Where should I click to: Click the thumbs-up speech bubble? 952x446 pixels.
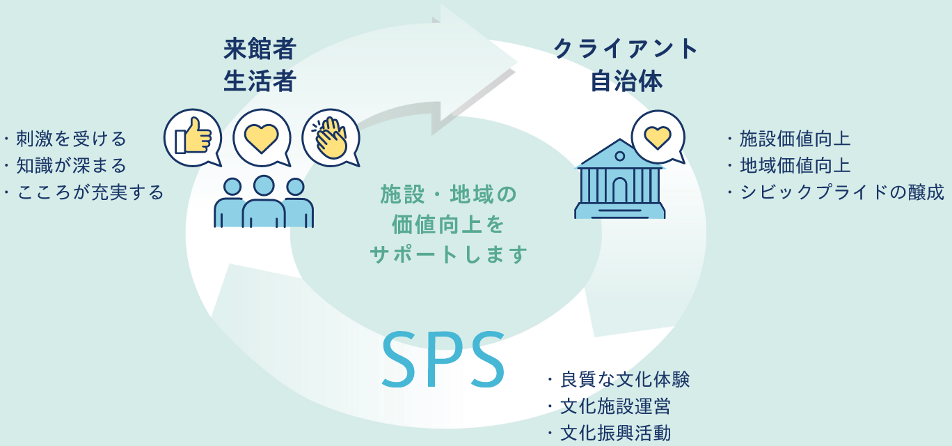(x=193, y=137)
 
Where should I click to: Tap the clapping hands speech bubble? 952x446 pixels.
(x=331, y=137)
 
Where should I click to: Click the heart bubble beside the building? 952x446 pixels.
(x=657, y=136)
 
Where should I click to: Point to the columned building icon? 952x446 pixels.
(x=619, y=180)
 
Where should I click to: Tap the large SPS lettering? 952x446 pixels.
(x=443, y=359)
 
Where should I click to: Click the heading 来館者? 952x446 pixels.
(x=260, y=49)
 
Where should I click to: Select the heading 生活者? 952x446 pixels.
(x=260, y=82)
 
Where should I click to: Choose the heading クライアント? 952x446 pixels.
(x=626, y=49)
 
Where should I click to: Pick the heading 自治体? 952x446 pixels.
(x=626, y=82)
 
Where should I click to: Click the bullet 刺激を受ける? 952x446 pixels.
(x=70, y=139)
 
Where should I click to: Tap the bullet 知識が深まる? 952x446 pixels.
(x=70, y=166)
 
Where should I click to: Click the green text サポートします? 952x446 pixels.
(x=448, y=254)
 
